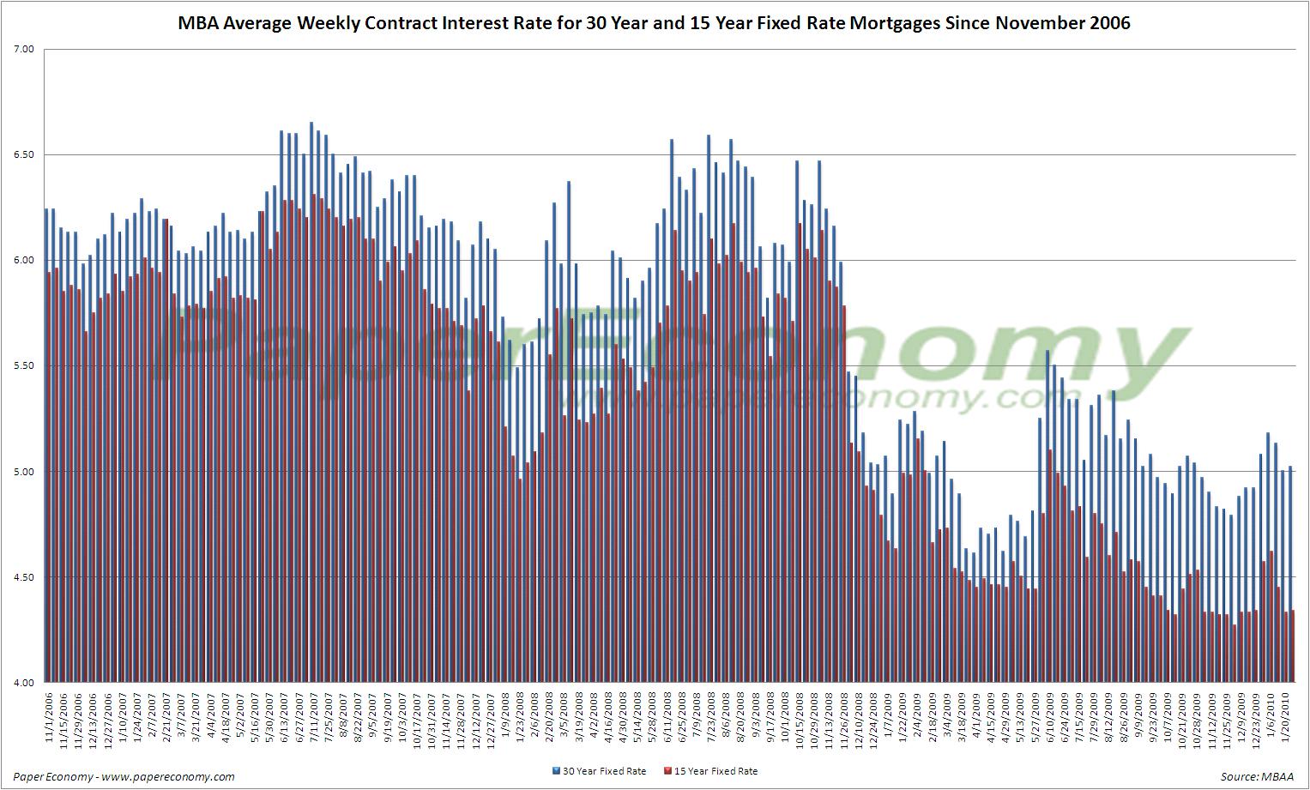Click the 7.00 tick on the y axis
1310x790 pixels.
[23, 49]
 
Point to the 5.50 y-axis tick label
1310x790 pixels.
[23, 365]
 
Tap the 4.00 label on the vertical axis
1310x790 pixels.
[23, 683]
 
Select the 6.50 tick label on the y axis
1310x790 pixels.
[23, 154]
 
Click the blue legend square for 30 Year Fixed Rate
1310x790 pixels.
[556, 771]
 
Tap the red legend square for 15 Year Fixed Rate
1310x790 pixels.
[667, 771]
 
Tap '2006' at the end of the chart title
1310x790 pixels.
[1108, 23]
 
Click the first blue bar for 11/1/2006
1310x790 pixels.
[45, 445]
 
